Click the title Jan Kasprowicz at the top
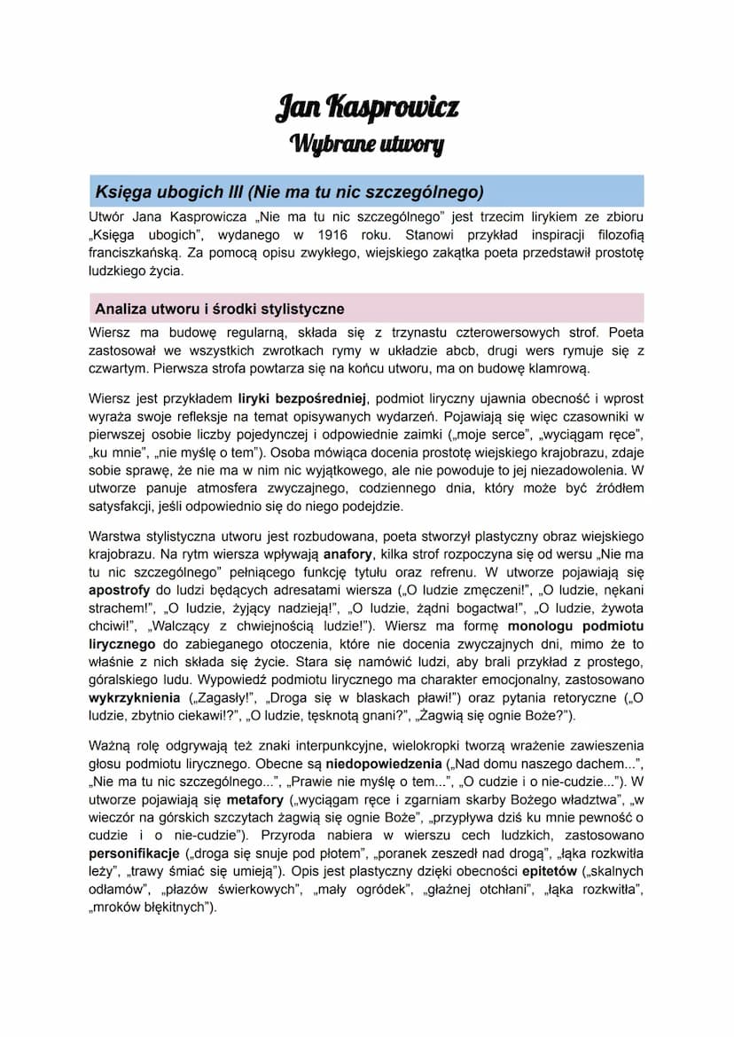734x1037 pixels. [367, 108]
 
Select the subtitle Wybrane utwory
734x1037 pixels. [367, 143]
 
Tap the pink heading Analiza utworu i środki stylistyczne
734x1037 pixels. [219, 309]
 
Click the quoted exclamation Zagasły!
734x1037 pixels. [218, 696]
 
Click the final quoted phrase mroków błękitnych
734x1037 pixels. [152, 907]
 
